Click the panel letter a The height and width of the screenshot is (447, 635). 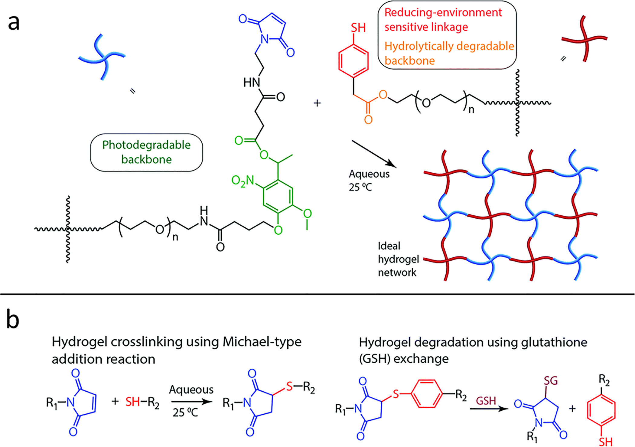[x=14, y=23]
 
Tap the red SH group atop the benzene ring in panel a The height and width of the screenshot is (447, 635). [x=358, y=28]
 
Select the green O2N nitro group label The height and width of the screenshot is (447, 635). [x=243, y=181]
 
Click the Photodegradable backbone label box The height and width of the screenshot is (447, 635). [x=146, y=152]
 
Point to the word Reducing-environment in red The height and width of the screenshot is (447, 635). [x=443, y=13]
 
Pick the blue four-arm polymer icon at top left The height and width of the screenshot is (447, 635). [x=102, y=57]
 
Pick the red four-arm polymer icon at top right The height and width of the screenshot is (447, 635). [x=584, y=39]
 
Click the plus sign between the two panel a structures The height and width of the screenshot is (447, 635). [x=317, y=103]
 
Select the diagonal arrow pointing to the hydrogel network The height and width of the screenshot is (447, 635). [x=374, y=154]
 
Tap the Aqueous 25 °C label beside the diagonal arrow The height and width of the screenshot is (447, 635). [x=369, y=181]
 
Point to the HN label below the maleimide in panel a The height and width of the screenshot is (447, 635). [x=252, y=82]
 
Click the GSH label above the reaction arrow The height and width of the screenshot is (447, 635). [x=486, y=401]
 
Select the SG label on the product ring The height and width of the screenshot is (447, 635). [x=551, y=381]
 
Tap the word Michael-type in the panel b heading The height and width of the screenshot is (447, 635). [x=262, y=342]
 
